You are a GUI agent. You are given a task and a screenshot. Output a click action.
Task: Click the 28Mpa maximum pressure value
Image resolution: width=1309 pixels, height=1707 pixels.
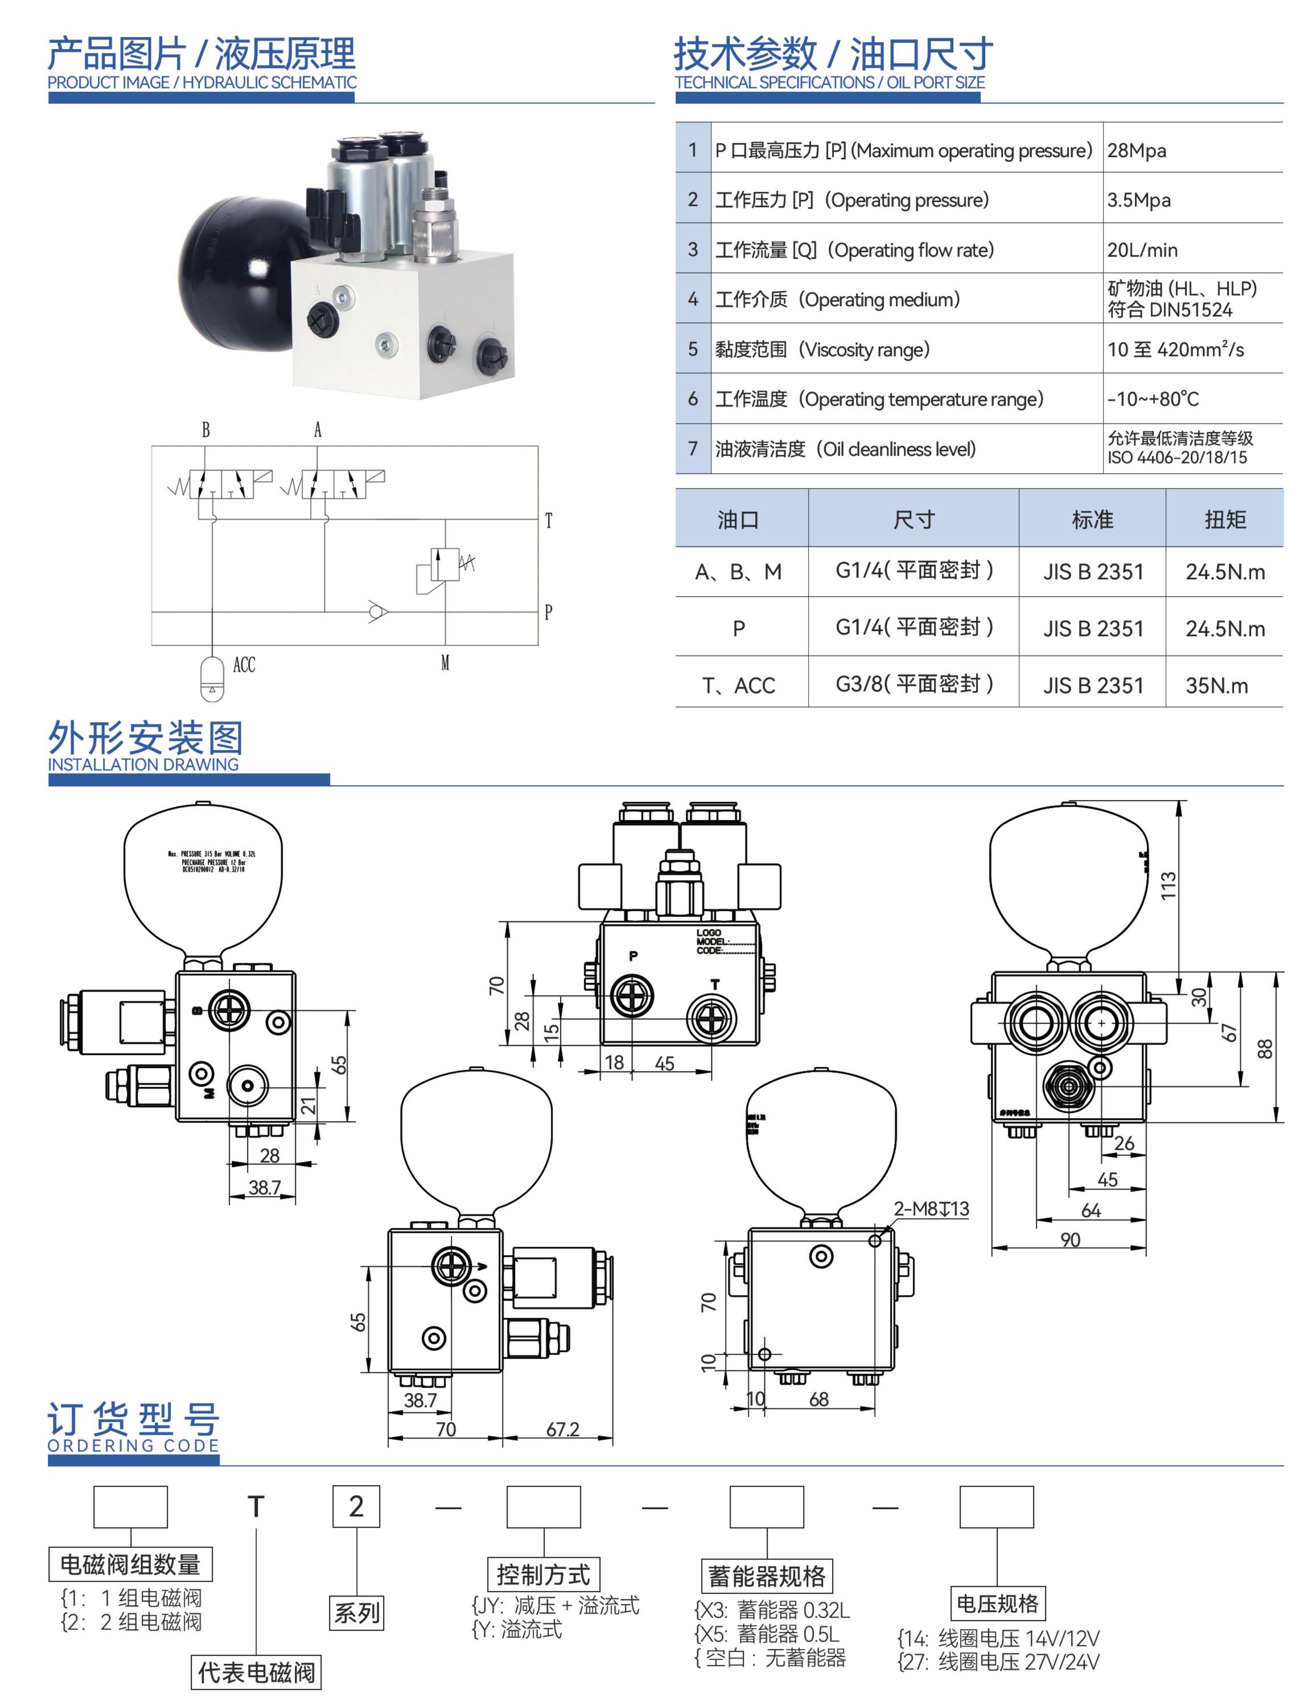click(1136, 150)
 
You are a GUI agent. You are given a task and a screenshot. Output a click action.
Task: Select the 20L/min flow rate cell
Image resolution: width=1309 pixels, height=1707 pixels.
click(1142, 250)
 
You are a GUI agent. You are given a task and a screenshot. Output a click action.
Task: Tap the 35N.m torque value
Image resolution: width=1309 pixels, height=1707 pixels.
click(1216, 686)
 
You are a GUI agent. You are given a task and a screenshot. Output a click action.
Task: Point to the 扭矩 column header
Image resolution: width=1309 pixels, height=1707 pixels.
click(1224, 519)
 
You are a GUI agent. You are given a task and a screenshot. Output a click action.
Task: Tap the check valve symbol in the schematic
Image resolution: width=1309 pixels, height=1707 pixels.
click(378, 612)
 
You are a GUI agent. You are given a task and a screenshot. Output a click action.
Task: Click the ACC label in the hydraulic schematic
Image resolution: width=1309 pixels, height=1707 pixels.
click(244, 665)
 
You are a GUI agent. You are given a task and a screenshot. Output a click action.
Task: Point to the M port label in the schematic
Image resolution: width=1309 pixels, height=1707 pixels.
click(445, 663)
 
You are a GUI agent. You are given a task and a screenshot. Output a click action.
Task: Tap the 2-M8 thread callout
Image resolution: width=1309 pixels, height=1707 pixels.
click(931, 1209)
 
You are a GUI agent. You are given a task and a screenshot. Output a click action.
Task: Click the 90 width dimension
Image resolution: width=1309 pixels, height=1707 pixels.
click(1070, 1239)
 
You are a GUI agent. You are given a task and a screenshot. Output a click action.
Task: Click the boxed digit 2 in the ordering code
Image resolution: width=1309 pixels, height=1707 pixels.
click(356, 1506)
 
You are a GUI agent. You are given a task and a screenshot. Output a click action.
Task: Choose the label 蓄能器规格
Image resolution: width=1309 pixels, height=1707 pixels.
click(766, 1576)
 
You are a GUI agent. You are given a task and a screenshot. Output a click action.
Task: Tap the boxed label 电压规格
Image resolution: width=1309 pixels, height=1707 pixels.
click(997, 1603)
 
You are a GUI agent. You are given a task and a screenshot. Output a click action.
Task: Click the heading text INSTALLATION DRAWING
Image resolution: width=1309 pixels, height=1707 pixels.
click(143, 764)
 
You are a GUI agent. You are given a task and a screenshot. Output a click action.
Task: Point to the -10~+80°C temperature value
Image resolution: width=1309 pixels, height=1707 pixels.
click(1153, 399)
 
